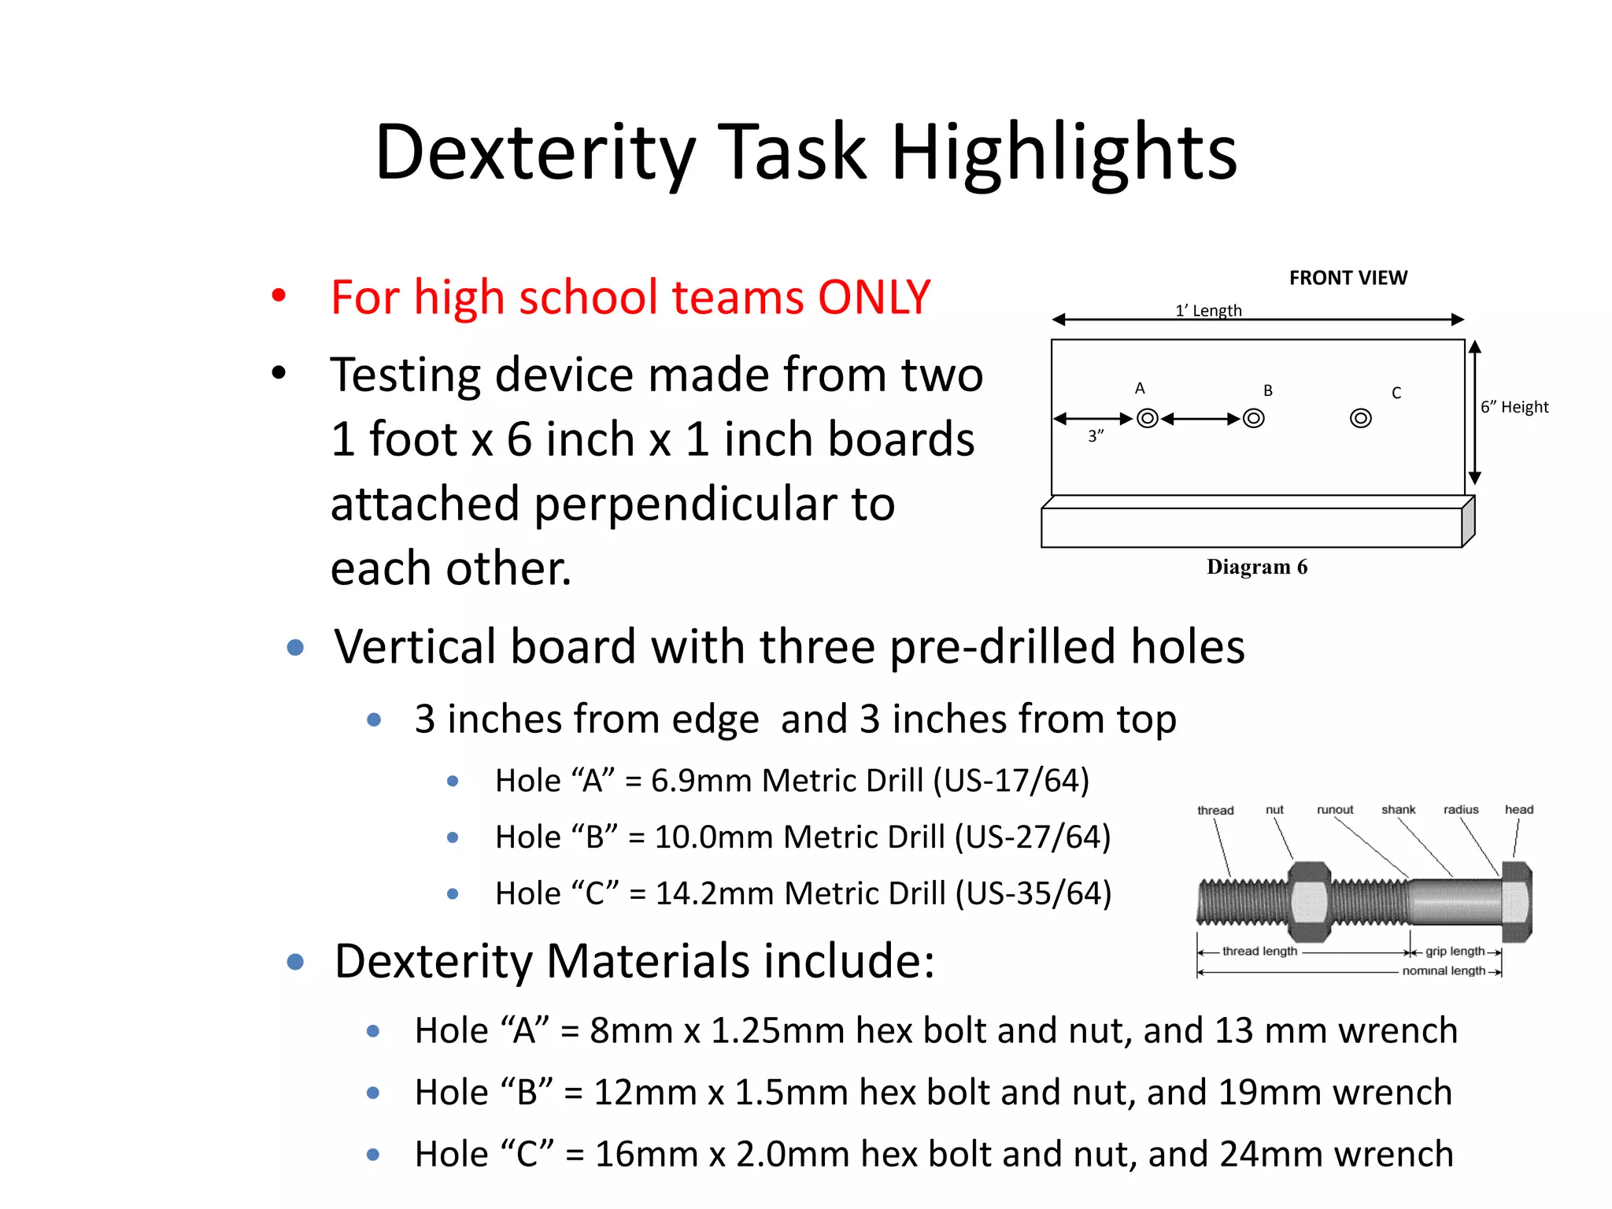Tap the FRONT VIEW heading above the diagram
click(x=1348, y=278)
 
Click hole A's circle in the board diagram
click(x=1148, y=418)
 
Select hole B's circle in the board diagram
click(x=1254, y=418)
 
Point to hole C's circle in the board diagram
click(x=1360, y=418)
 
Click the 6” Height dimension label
click(x=1514, y=407)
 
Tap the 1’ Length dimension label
click(x=1208, y=310)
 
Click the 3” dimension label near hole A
click(x=1096, y=435)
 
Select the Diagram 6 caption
click(x=1256, y=567)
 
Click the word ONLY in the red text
click(x=874, y=298)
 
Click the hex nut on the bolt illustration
click(x=1308, y=902)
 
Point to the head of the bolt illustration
click(x=1516, y=902)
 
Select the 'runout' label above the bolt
click(x=1335, y=810)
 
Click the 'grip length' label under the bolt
click(x=1455, y=951)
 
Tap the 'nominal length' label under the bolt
click(x=1444, y=971)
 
